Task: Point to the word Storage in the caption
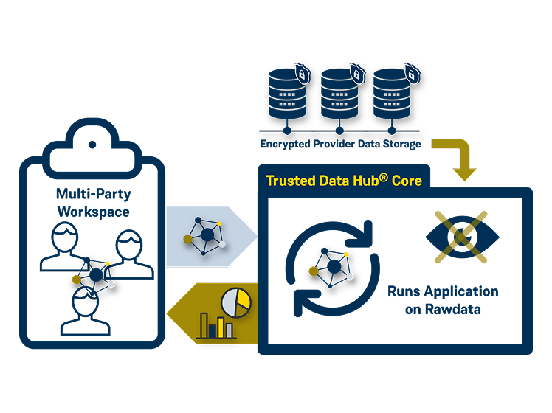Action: pyautogui.click(x=399, y=144)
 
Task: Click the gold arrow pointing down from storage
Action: pyautogui.click(x=460, y=159)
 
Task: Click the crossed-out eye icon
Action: pyautogui.click(x=462, y=236)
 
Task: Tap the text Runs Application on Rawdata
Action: pyautogui.click(x=443, y=300)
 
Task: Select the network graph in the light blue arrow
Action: pyautogui.click(x=206, y=235)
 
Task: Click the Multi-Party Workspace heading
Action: pyautogui.click(x=92, y=202)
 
